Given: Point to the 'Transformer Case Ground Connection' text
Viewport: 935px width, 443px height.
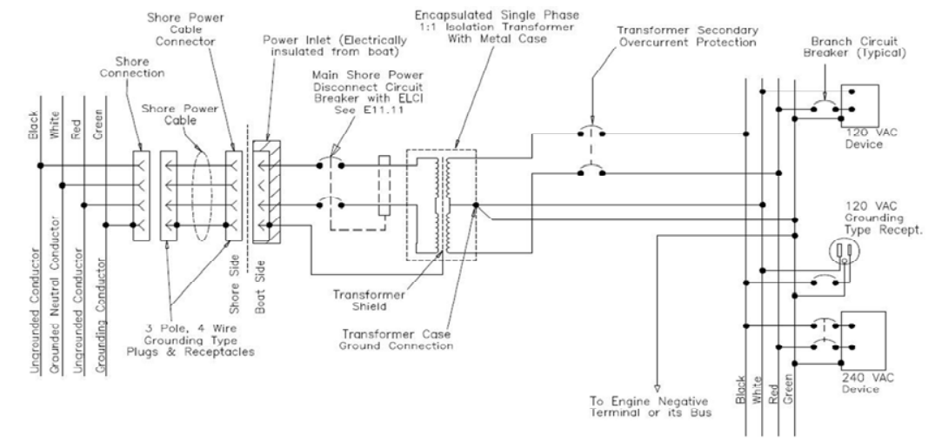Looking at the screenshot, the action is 396,339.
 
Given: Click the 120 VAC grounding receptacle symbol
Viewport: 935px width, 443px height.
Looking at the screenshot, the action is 843,251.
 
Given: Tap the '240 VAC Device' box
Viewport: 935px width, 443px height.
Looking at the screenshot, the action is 863,341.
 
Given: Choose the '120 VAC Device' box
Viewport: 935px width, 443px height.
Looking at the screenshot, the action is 859,105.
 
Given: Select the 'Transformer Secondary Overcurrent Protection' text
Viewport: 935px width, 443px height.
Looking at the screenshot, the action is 687,37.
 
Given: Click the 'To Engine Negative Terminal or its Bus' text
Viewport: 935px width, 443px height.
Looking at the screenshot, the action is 650,406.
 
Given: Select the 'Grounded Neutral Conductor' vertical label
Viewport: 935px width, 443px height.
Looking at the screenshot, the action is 54,296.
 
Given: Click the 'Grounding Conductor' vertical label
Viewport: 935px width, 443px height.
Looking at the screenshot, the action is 102,317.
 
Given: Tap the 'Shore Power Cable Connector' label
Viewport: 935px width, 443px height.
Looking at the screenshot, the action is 185,30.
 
